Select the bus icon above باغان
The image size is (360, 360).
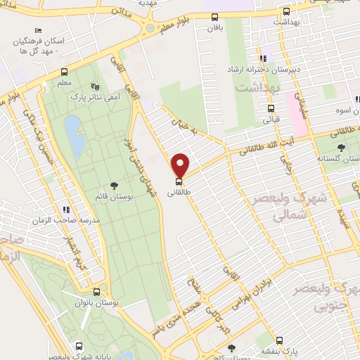tap(214, 17)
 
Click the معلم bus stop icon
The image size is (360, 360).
tap(65, 72)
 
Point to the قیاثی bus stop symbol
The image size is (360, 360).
tap(271, 108)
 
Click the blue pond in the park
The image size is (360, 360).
tap(72, 130)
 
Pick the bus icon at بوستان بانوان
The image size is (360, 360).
tap(96, 290)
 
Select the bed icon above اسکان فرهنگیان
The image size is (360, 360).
tap(38, 31)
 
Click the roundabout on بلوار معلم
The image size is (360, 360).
tap(150, 29)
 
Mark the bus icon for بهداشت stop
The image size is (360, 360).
tap(285, 12)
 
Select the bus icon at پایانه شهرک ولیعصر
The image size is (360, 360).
tap(79, 346)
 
